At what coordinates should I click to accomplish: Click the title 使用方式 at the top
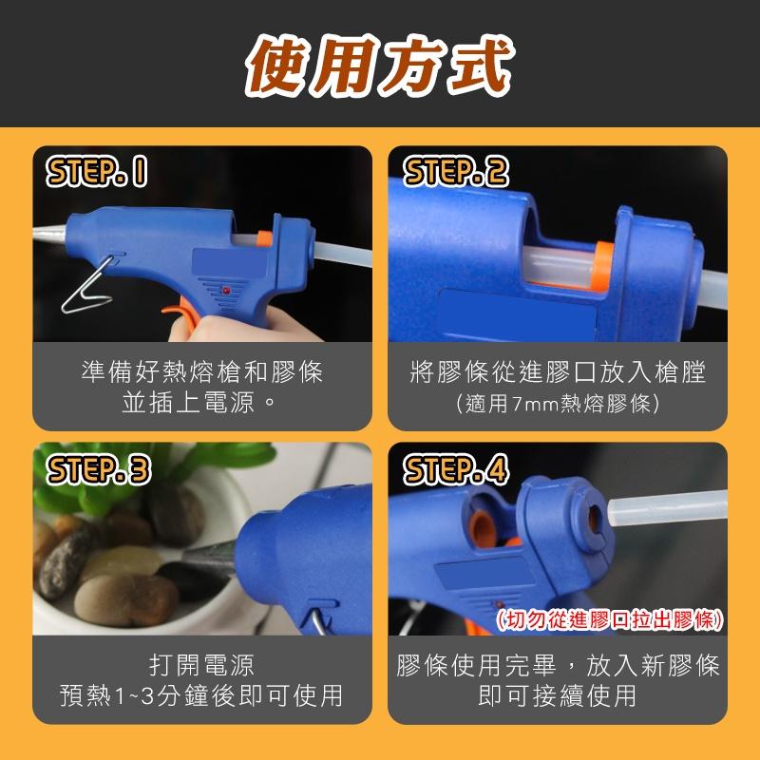[x=380, y=65]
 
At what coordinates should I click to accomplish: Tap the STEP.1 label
[x=98, y=172]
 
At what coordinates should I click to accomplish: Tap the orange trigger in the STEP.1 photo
[x=177, y=309]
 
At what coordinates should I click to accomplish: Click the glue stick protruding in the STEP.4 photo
[x=665, y=507]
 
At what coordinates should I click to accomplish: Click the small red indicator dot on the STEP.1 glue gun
[x=229, y=286]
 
